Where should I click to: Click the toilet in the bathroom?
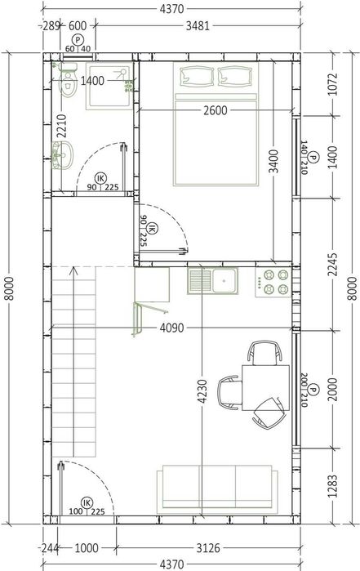click(x=68, y=81)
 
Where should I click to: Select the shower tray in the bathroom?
click(x=109, y=86)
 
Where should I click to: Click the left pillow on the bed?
click(x=197, y=77)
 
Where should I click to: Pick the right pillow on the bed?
click(x=235, y=77)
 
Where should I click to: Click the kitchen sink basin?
click(x=224, y=281)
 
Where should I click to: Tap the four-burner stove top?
click(x=273, y=282)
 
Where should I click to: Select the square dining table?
click(x=266, y=388)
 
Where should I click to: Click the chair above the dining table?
click(x=264, y=353)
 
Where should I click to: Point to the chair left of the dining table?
click(x=230, y=393)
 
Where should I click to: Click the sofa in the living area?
click(x=217, y=489)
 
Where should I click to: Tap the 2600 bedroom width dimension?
click(x=216, y=110)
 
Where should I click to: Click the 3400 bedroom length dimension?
click(x=273, y=161)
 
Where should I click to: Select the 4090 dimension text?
click(x=171, y=328)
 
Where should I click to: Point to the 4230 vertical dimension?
click(x=202, y=391)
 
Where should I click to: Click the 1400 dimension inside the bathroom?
click(x=92, y=81)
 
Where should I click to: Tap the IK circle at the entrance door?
click(x=87, y=503)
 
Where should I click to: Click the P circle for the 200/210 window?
click(x=313, y=390)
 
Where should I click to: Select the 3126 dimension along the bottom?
click(x=208, y=547)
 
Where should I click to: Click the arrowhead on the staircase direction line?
click(x=74, y=270)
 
